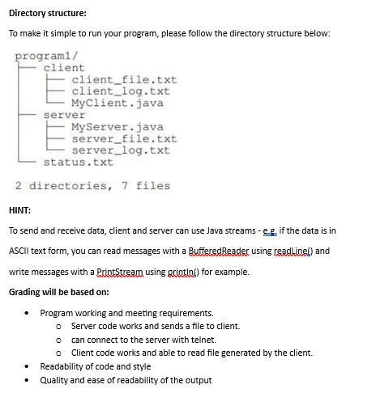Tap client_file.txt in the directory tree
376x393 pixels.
pos(124,80)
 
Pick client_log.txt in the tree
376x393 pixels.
pos(121,91)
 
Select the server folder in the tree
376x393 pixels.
pos(64,115)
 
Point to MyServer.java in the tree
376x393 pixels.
pos(117,127)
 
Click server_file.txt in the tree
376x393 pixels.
pos(124,138)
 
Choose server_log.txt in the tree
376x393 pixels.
pos(121,150)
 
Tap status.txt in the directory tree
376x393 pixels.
pos(78,162)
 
